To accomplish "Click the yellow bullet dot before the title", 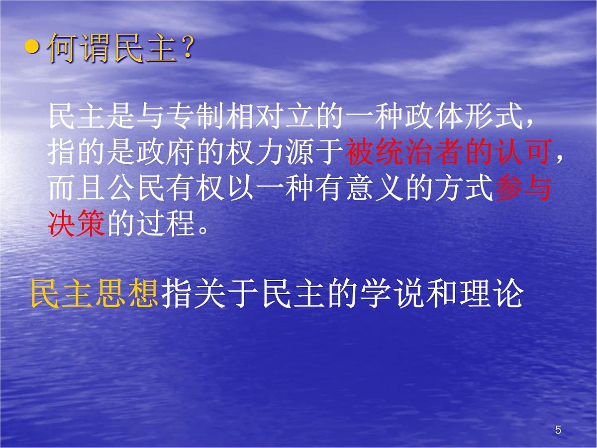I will [x=32, y=48].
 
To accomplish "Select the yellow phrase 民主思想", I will [x=95, y=293].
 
